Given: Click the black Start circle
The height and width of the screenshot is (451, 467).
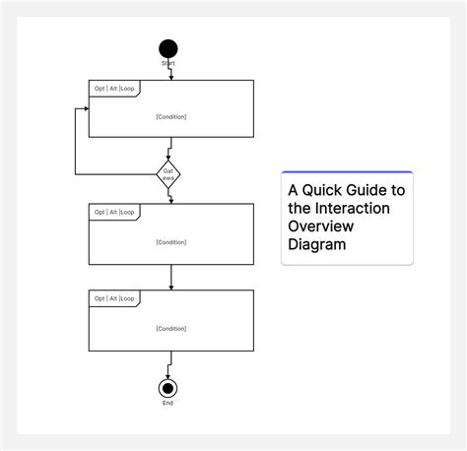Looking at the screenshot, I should (168, 48).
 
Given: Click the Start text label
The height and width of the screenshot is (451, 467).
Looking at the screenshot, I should (168, 63).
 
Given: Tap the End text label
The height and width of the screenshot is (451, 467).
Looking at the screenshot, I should (168, 403).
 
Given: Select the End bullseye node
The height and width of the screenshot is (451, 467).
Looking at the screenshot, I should (168, 388).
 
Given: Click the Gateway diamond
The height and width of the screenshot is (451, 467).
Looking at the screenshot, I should (168, 174).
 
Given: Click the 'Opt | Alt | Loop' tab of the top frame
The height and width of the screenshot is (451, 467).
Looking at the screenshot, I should (114, 88).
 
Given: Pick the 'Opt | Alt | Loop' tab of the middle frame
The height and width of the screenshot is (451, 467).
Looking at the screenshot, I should (114, 212).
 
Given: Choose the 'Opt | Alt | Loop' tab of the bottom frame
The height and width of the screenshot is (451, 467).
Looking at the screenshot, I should (114, 297).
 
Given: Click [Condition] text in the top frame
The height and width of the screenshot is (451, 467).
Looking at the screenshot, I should (171, 117).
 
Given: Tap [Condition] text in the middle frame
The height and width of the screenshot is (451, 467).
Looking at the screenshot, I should (171, 242).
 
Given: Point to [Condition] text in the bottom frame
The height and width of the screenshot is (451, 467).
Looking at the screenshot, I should (171, 329).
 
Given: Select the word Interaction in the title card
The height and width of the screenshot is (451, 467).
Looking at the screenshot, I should (353, 208).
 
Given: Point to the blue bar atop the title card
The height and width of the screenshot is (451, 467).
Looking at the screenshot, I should (347, 171).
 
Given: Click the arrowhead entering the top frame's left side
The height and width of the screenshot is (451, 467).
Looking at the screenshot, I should (86, 108).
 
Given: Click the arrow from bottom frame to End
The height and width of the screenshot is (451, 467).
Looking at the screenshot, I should (169, 365).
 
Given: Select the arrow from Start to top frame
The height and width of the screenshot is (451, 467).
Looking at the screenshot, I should (170, 73).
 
